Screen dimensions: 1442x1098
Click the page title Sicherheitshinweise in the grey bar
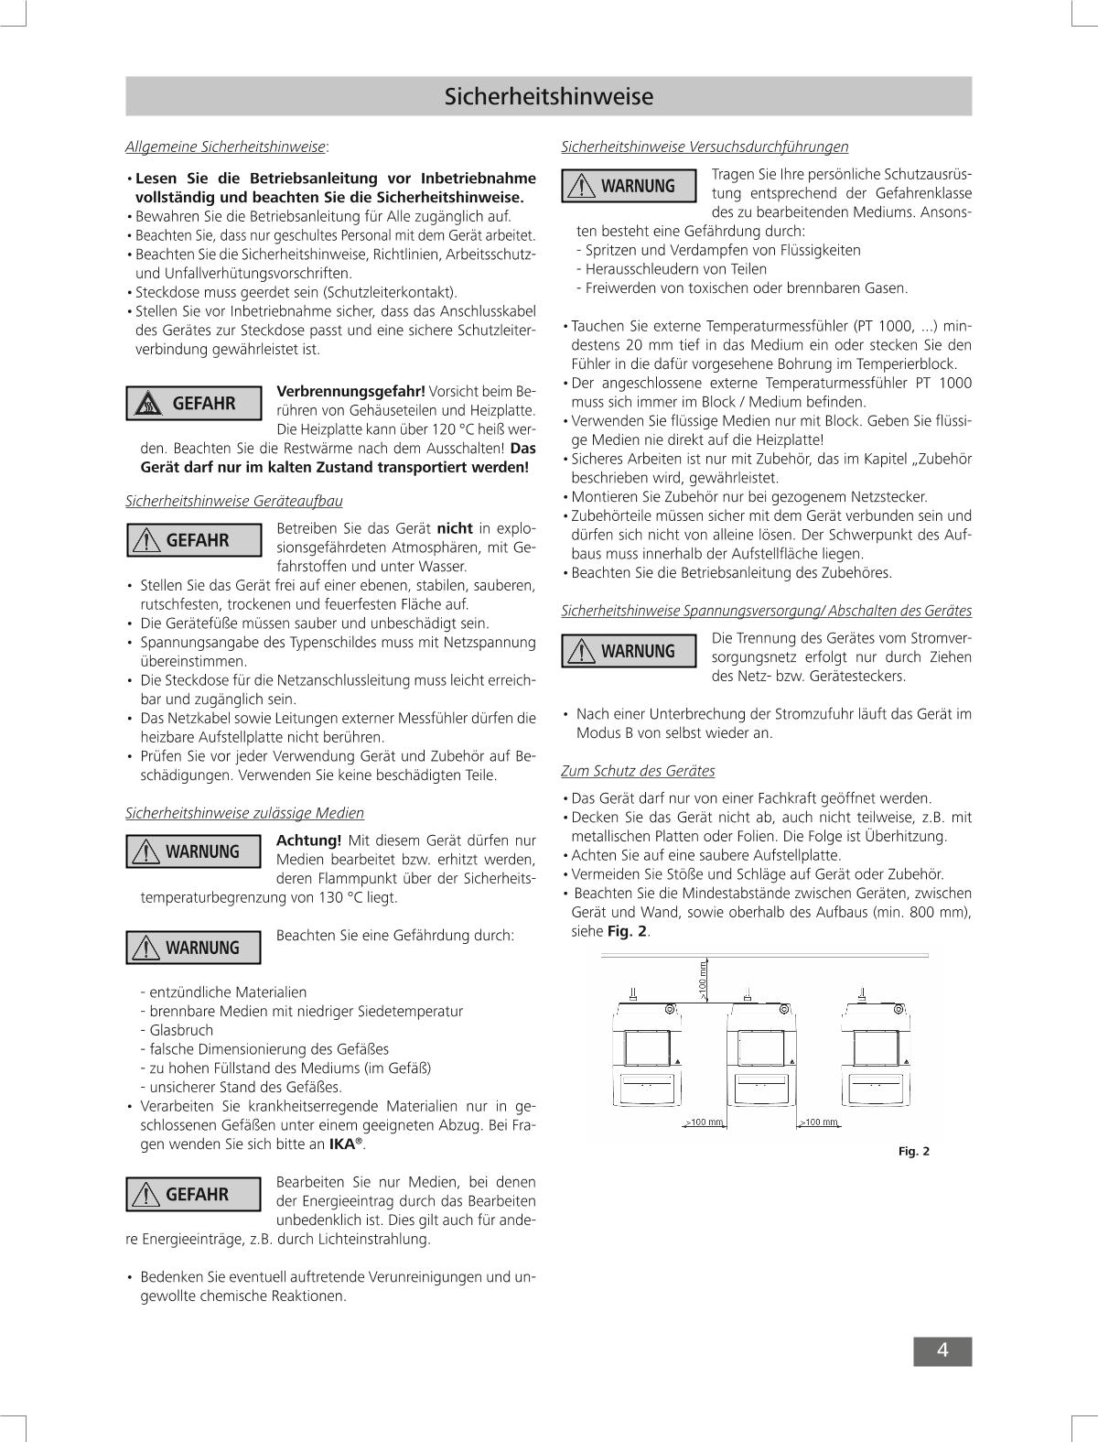[549, 96]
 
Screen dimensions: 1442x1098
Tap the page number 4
[942, 1350]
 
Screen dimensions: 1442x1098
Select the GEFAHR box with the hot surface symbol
[193, 404]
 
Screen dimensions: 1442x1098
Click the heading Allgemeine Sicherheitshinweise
[226, 146]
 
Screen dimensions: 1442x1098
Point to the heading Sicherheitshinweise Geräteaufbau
[234, 501]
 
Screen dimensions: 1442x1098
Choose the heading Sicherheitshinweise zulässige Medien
[244, 813]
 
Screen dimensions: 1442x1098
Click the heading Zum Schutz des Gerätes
[638, 771]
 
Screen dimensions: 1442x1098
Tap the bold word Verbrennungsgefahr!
[350, 391]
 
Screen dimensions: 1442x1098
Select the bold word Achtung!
[308, 840]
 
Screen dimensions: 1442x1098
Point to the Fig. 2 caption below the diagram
[913, 1151]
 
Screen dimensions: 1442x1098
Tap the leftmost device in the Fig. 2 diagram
[650, 1062]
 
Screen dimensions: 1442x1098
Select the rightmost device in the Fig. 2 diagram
[877, 1062]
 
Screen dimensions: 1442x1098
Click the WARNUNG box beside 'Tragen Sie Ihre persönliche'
[629, 187]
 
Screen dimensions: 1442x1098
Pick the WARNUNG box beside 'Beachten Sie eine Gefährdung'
[193, 948]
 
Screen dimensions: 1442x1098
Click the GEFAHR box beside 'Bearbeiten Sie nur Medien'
[193, 1195]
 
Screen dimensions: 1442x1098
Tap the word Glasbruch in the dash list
[181, 1030]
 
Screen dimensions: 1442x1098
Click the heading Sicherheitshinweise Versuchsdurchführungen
[705, 146]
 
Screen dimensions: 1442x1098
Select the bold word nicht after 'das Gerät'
[455, 527]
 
